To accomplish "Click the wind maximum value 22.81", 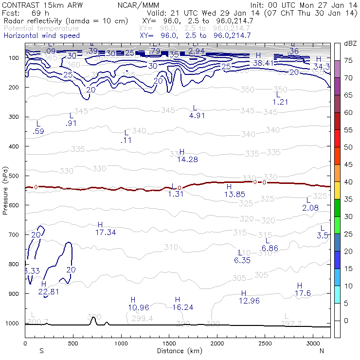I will [x=48, y=292].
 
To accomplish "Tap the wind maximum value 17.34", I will [x=106, y=233].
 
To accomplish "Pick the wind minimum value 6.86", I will [x=270, y=248].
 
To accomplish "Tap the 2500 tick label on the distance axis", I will [x=265, y=344].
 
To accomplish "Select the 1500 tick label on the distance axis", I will [x=169, y=344].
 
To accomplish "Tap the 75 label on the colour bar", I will [x=348, y=60].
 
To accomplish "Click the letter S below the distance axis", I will [x=41, y=350].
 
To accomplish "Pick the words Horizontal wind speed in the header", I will [x=41, y=36].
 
